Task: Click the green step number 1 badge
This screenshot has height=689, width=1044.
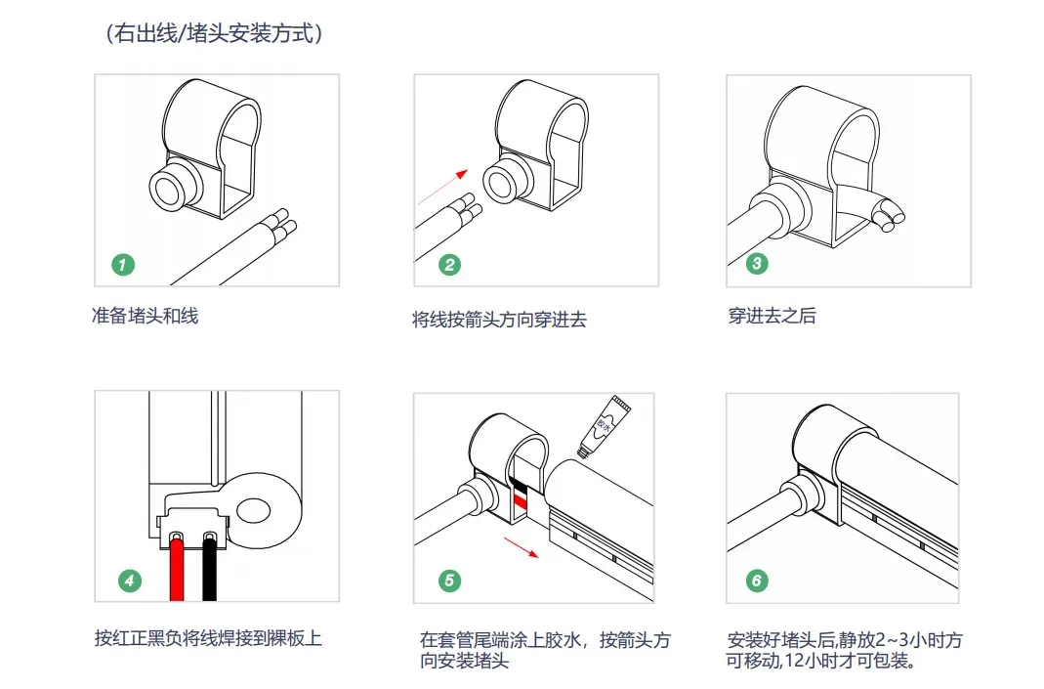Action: tap(123, 264)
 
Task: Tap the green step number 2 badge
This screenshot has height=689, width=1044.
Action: tap(448, 264)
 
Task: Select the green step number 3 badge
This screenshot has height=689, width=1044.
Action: tap(756, 264)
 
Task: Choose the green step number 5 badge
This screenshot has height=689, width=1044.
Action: tap(448, 581)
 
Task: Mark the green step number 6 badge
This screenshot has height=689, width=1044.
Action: tap(756, 581)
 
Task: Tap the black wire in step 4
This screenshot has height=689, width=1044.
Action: tap(209, 572)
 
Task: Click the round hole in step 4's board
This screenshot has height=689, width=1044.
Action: tap(254, 510)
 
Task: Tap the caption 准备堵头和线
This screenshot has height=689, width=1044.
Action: tap(145, 317)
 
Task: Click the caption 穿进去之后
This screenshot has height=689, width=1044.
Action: tap(772, 317)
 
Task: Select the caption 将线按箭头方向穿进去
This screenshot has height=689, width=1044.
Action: tap(499, 320)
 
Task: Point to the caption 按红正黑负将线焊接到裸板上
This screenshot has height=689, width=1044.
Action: tap(208, 639)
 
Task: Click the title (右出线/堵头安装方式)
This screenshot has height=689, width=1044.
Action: tap(214, 34)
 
